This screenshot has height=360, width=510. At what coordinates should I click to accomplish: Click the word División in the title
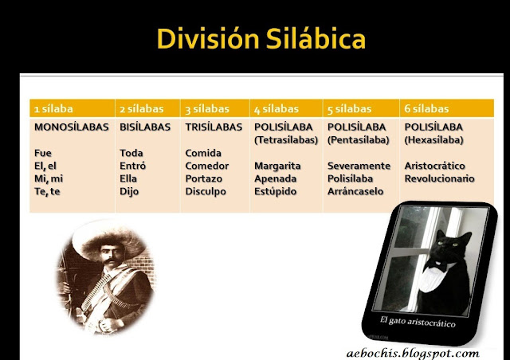202,39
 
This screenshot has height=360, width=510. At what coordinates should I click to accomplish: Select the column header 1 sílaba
53,108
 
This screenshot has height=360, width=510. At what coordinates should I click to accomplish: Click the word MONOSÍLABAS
70,127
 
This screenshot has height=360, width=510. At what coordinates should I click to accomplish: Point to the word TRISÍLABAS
214,127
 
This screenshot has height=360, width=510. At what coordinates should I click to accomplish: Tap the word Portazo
205,178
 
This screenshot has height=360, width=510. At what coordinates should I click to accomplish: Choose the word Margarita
278,166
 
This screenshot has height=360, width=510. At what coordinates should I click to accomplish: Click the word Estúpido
275,191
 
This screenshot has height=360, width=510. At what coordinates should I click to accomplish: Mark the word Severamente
359,166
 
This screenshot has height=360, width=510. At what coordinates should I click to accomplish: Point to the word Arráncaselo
355,191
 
